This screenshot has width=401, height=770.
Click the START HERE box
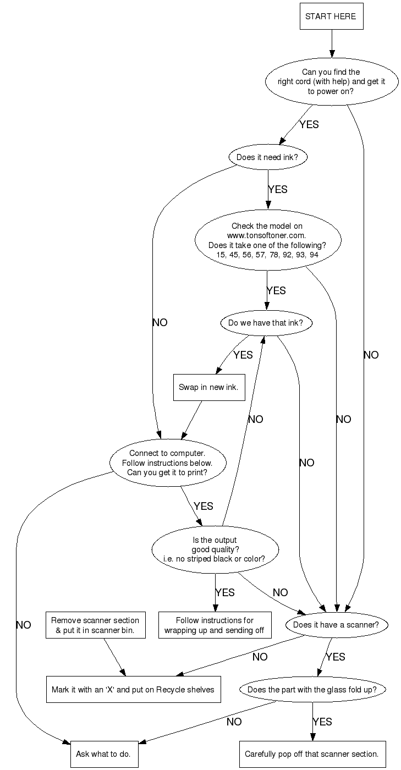(x=331, y=16)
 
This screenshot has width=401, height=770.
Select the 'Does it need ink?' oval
(x=267, y=157)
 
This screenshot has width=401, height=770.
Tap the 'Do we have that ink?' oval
(x=266, y=323)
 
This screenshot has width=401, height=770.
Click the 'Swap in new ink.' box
(x=208, y=387)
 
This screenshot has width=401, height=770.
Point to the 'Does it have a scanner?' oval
(x=336, y=625)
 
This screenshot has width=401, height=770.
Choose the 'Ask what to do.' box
(x=104, y=754)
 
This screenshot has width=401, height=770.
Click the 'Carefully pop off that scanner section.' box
(x=311, y=754)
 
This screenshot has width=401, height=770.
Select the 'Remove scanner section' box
(x=95, y=625)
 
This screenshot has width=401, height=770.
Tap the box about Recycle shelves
(x=133, y=689)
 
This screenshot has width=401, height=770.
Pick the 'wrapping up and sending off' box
(x=215, y=625)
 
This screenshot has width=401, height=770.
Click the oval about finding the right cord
(x=331, y=82)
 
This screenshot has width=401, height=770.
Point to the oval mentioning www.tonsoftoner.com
(x=267, y=240)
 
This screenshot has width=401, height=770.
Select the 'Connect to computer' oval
(x=167, y=463)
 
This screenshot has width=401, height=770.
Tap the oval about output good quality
(x=215, y=548)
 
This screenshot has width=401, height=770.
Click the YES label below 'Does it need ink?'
(x=278, y=189)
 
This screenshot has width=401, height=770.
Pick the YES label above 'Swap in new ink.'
(x=243, y=355)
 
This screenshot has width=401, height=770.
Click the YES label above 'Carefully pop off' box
(x=322, y=721)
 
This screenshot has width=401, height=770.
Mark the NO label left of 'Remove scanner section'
(x=24, y=625)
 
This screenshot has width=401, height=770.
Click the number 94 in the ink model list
(x=314, y=255)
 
